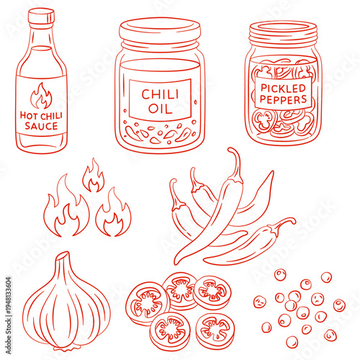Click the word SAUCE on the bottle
(x=42, y=125)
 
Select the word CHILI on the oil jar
(x=160, y=94)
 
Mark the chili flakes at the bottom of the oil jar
(x=160, y=133)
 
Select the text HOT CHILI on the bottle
(x=42, y=114)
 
